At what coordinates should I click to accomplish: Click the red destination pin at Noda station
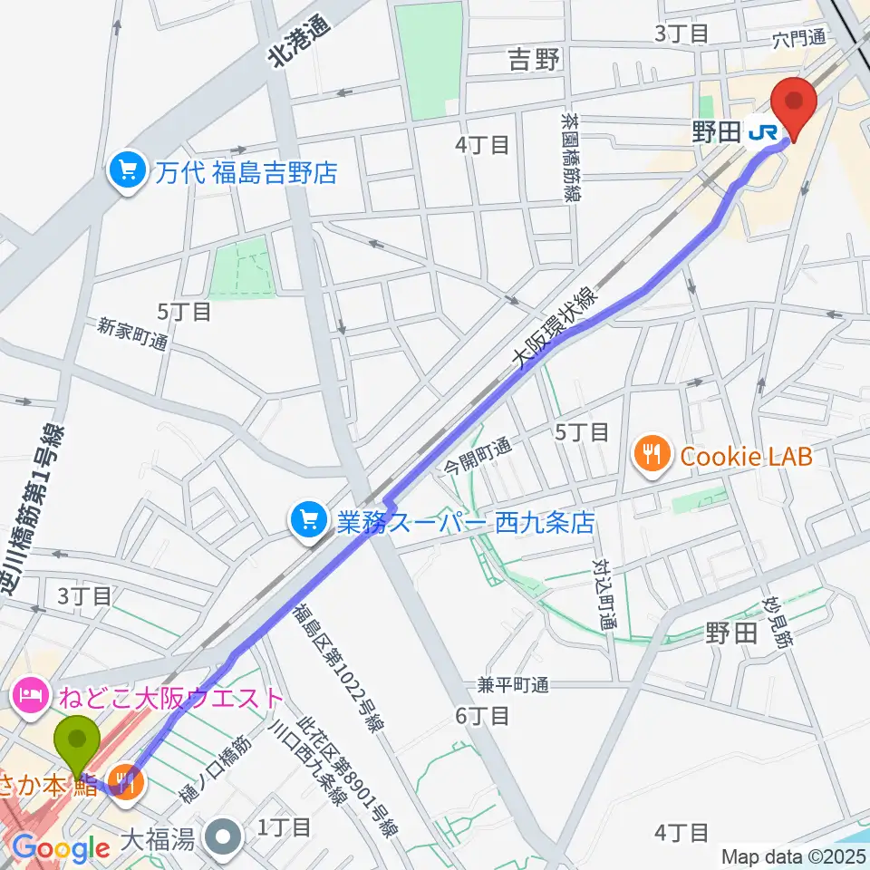coord(793,104)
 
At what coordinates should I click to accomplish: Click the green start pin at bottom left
coord(78,743)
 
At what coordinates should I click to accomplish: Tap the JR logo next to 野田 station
coord(763,133)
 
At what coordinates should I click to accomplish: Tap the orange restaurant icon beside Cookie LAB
coord(652,455)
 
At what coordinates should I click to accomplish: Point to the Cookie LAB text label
coord(746,456)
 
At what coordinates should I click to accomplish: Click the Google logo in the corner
coord(61,848)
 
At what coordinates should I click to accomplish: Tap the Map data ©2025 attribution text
coord(792,855)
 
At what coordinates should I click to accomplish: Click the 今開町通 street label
coord(478,457)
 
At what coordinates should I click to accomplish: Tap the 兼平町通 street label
coord(514,685)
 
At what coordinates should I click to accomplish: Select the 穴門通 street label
coord(799,38)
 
